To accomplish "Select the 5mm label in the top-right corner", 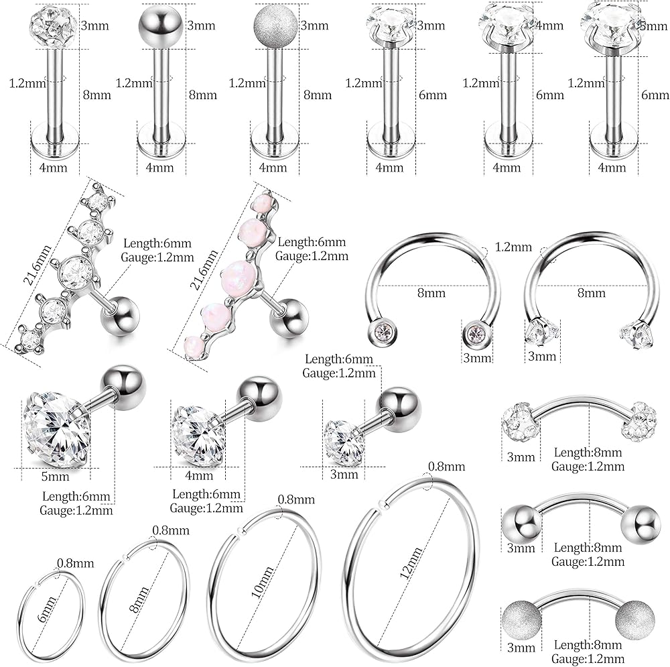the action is point(654,26).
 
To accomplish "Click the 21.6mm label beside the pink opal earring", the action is point(206,270).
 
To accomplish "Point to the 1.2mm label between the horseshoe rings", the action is point(513,247).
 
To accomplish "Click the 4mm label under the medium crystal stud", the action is point(199,475).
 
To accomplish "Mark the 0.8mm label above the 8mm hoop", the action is point(171,530).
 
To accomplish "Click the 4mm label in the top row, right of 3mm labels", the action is point(549,25).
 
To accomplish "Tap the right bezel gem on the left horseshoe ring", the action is point(475,333).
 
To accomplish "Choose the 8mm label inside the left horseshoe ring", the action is point(431,293).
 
